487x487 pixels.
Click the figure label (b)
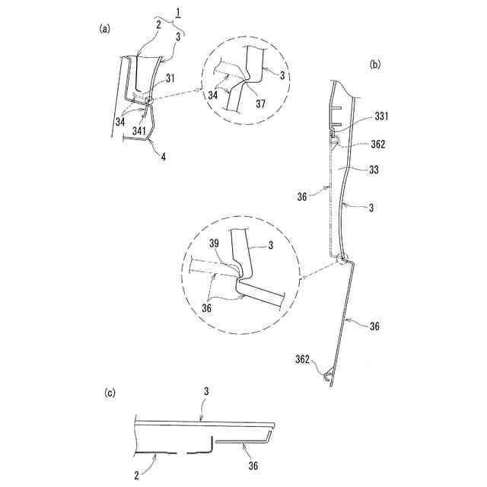(x=374, y=65)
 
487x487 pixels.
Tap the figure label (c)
(x=110, y=393)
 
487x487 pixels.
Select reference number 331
(x=381, y=117)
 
